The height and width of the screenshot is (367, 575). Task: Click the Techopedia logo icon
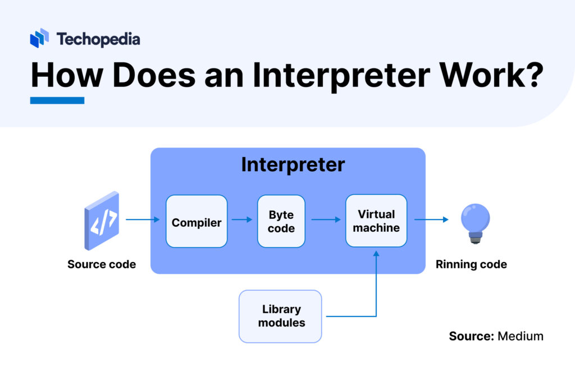pyautogui.click(x=39, y=38)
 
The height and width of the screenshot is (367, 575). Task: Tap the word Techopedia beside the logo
pyautogui.click(x=98, y=39)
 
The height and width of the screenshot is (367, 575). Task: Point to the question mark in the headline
pyautogui.click(x=530, y=75)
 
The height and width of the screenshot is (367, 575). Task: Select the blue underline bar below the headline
pyautogui.click(x=57, y=100)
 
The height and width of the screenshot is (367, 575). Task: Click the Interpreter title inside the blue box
pyautogui.click(x=293, y=164)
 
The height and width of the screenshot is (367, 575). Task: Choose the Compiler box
pyautogui.click(x=197, y=222)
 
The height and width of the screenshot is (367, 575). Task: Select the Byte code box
pyautogui.click(x=281, y=222)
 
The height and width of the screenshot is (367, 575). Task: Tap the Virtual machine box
pyautogui.click(x=376, y=221)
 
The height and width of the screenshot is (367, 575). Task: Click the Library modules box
pyautogui.click(x=280, y=316)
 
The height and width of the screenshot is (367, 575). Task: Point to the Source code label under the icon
pyautogui.click(x=102, y=264)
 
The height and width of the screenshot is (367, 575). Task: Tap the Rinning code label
pyautogui.click(x=471, y=264)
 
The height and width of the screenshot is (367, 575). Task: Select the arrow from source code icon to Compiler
pyautogui.click(x=143, y=219)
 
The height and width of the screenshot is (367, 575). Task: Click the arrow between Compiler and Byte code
pyautogui.click(x=242, y=219)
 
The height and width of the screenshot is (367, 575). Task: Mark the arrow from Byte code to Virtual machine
pyautogui.click(x=326, y=219)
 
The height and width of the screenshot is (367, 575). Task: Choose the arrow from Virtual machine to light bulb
pyautogui.click(x=431, y=219)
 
